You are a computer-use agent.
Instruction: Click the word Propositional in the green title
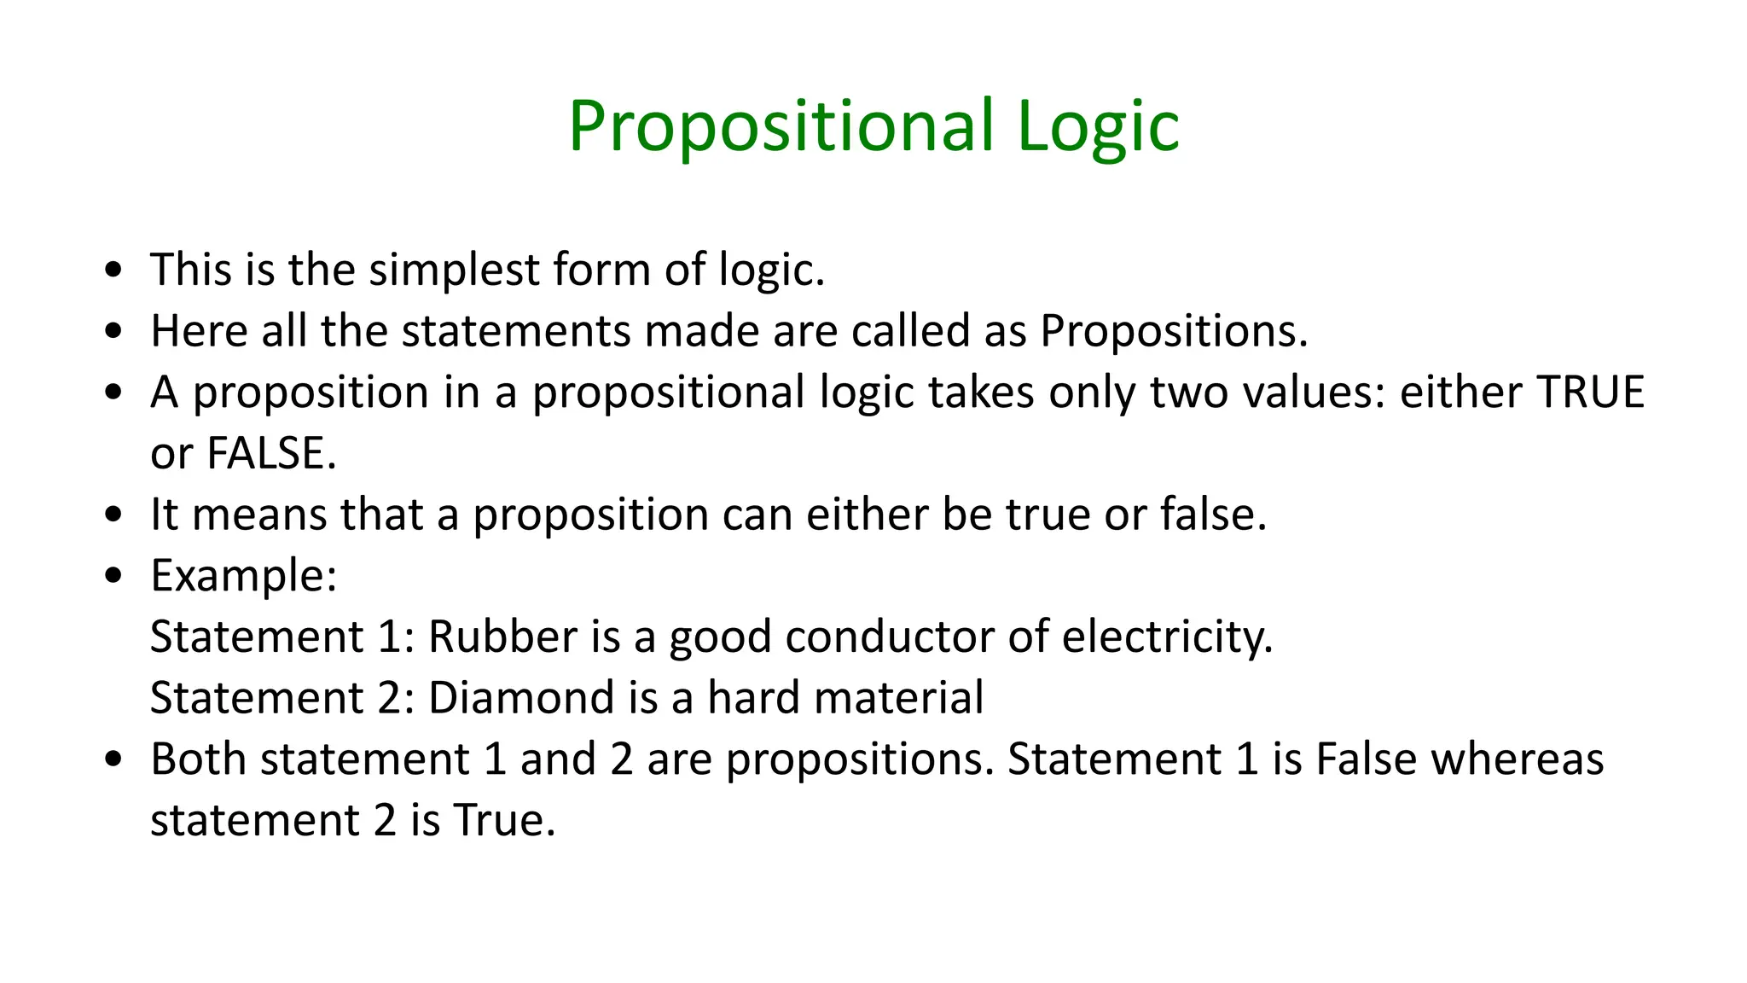(x=781, y=128)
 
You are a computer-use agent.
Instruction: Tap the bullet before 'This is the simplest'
(x=113, y=270)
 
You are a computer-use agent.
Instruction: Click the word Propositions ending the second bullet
(x=1173, y=331)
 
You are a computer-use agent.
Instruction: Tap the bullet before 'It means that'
(x=113, y=515)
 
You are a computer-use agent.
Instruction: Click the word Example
(x=243, y=576)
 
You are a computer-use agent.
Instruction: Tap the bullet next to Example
(x=113, y=577)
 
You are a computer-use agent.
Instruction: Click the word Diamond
(x=520, y=698)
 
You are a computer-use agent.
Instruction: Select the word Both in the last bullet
(x=198, y=759)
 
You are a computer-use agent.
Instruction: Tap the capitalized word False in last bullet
(x=1366, y=759)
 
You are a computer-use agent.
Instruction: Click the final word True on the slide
(x=503, y=821)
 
